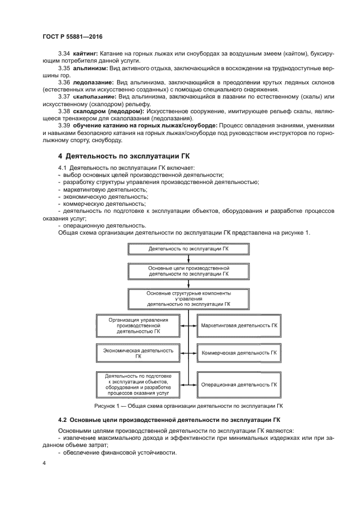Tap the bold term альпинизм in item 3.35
tap(89, 69)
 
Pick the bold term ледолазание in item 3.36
tap(91, 82)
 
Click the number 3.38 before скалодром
tap(64, 111)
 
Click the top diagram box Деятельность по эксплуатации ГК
tap(188, 249)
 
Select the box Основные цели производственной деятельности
tap(188, 272)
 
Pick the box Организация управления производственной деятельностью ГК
tap(138, 325)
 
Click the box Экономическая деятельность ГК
tap(138, 353)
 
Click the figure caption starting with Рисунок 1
tap(188, 406)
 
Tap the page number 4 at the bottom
tap(44, 463)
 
